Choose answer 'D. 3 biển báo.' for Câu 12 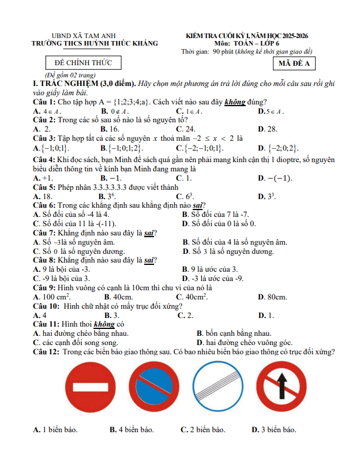(x=273, y=430)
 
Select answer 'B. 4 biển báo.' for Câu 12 (x=132, y=430)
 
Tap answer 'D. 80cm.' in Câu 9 (x=272, y=297)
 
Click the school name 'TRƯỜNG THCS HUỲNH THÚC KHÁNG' (x=95, y=44)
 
